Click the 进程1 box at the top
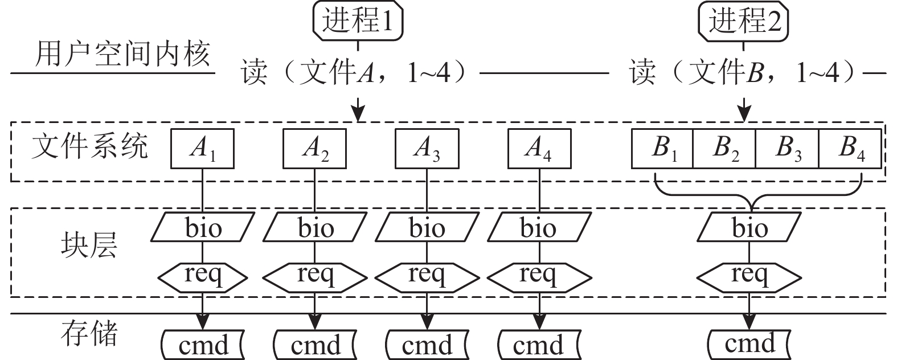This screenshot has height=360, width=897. [x=358, y=22]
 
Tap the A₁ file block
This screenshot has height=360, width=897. [x=203, y=149]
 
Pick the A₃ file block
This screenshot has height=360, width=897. [x=427, y=149]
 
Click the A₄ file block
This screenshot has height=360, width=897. [x=539, y=149]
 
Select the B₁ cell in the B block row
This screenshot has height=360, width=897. [x=662, y=149]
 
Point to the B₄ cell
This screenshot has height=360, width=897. [x=850, y=149]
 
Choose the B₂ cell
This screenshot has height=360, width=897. [x=724, y=149]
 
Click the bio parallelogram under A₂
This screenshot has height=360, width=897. [x=315, y=228]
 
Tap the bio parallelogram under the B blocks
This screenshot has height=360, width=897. [x=750, y=228]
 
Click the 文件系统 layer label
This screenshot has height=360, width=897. [x=90, y=147]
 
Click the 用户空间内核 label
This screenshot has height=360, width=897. [x=122, y=56]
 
